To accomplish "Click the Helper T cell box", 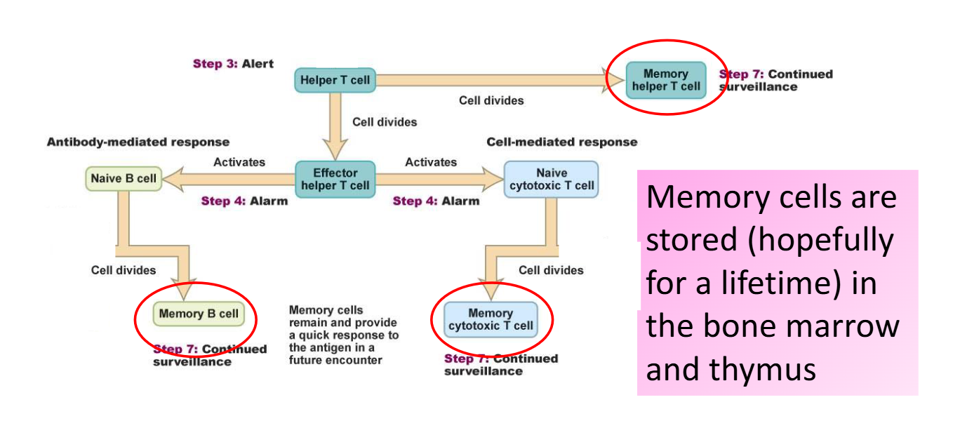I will [335, 80].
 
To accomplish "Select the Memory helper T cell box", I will [665, 80].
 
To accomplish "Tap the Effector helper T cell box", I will [335, 179].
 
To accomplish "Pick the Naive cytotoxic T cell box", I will [551, 179].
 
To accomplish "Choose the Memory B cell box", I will [199, 314].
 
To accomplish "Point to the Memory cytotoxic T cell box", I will [491, 319].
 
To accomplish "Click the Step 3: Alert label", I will [233, 64].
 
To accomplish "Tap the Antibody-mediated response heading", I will [138, 142].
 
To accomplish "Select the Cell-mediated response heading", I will [561, 142].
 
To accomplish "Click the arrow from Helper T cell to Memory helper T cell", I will [491, 80].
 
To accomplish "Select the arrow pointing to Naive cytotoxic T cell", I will [439, 179].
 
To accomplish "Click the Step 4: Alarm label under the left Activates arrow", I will [244, 201].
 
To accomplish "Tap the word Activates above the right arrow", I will [430, 162].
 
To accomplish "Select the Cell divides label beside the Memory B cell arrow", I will [124, 270].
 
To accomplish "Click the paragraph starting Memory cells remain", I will [343, 335].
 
